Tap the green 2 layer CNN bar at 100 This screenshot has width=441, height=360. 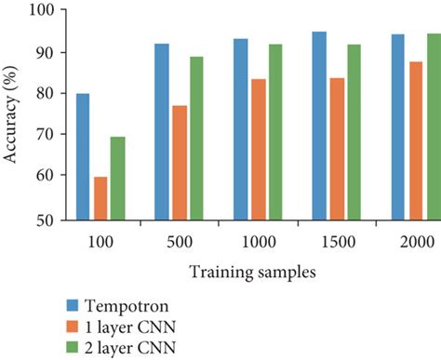(118, 178)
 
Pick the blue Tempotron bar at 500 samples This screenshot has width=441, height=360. (162, 131)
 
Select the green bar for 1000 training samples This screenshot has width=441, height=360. (276, 131)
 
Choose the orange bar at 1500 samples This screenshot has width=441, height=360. (337, 148)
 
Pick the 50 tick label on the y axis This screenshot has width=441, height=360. (43, 220)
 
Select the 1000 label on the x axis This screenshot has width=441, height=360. (258, 241)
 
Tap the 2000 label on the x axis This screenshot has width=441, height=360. (416, 241)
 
